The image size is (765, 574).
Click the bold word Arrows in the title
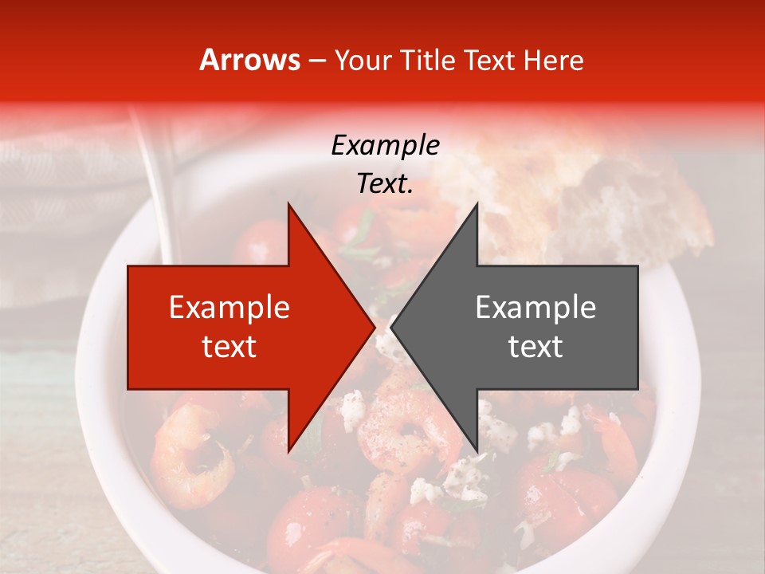249,60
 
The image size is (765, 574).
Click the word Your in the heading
363,60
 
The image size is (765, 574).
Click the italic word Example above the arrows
385,146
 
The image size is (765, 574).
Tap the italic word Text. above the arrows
385,184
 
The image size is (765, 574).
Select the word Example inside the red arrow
229,308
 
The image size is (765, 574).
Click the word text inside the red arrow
229,347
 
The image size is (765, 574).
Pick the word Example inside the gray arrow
535,308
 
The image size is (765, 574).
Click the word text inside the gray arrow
535,347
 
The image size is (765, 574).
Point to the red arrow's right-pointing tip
375,327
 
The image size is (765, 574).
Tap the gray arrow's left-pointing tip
391,327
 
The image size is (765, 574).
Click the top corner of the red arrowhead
288,204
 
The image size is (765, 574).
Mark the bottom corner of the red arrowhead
288,451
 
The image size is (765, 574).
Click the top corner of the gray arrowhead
477,204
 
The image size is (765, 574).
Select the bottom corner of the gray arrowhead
477,451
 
